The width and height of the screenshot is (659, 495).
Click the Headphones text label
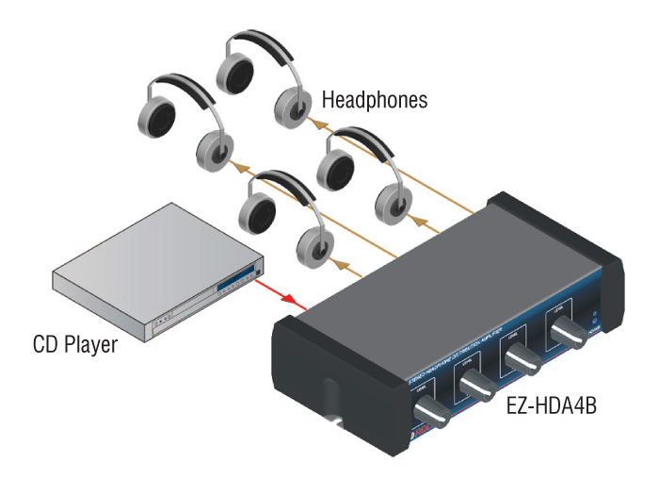click(x=375, y=98)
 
